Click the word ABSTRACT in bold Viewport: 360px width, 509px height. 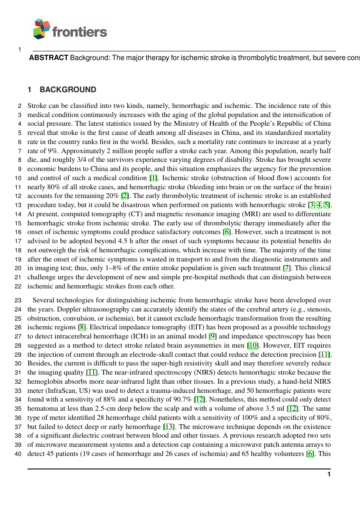[48, 58]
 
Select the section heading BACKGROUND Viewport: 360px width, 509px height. [68, 90]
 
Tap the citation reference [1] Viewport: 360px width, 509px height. [153, 177]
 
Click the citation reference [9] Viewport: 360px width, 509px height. [213, 336]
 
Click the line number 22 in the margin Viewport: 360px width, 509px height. [18, 286]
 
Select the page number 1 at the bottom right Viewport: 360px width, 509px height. [329, 474]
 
